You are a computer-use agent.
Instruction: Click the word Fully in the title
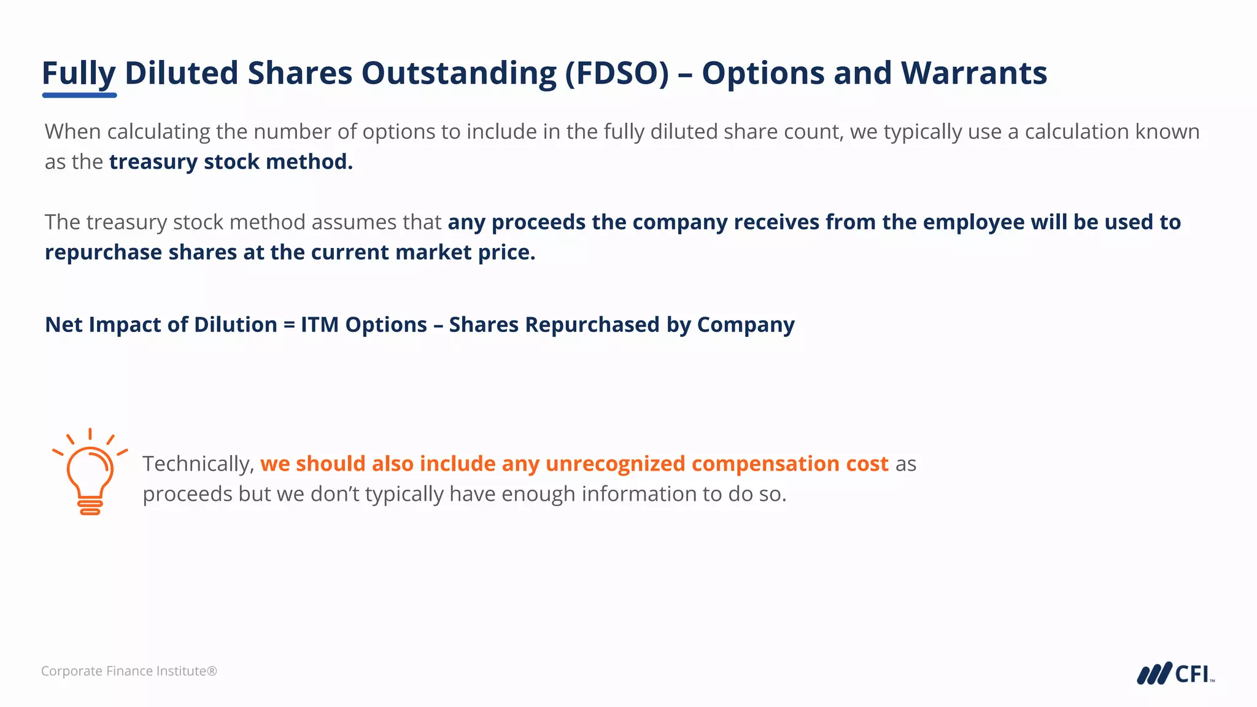(78, 74)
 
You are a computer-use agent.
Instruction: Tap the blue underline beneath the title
(79, 95)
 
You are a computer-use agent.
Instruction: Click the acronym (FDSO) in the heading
(617, 74)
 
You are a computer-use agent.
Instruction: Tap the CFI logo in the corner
(1175, 673)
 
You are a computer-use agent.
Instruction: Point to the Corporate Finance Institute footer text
(129, 671)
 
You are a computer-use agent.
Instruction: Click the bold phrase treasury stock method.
(231, 162)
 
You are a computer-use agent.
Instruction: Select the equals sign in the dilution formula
(289, 325)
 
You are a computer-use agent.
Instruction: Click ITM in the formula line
(319, 325)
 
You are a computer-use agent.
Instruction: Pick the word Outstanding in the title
(458, 74)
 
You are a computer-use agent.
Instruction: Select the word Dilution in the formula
(235, 325)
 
